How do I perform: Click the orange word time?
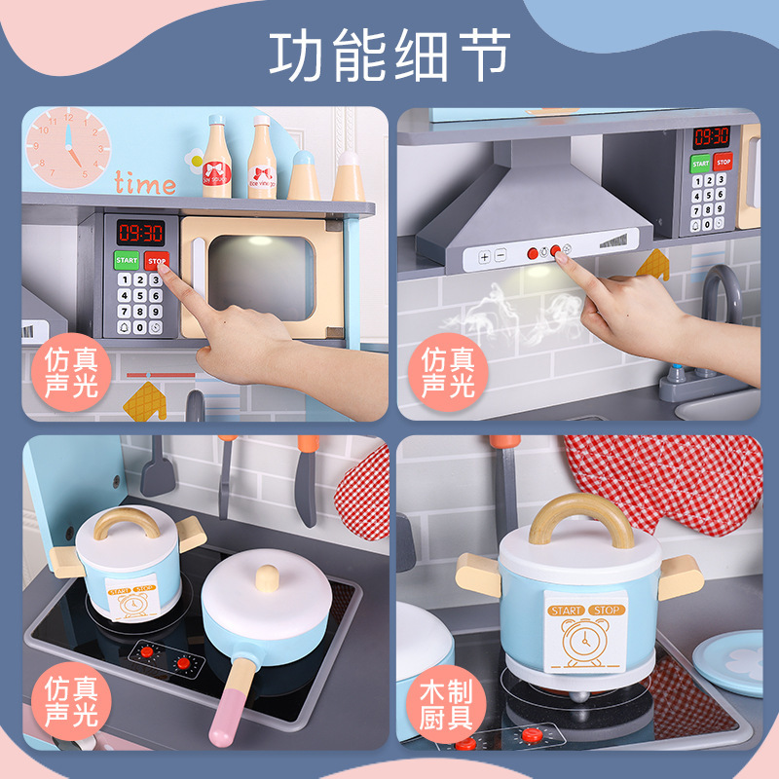(x=145, y=183)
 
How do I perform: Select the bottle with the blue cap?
(x=304, y=176)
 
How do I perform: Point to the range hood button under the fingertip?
(x=557, y=251)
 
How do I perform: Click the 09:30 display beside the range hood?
(x=711, y=137)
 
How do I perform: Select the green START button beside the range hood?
(x=700, y=164)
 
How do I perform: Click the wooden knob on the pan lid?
(x=264, y=578)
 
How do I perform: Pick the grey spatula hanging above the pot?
(x=156, y=472)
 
